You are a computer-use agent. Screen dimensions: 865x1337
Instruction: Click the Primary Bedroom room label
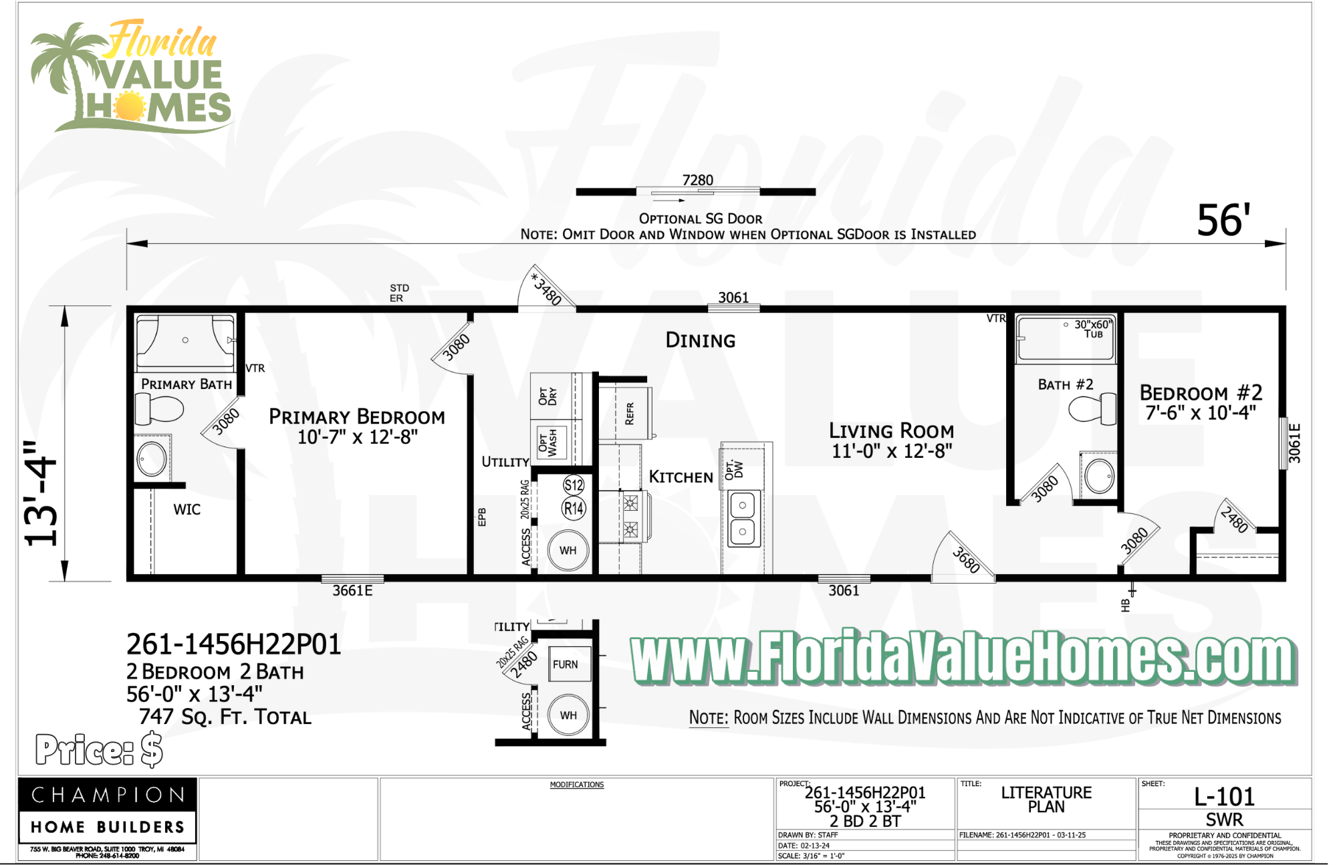(357, 417)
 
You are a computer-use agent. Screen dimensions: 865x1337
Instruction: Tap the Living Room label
(891, 431)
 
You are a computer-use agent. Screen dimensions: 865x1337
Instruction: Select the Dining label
(700, 341)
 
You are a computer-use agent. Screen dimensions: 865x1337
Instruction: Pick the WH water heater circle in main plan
(568, 550)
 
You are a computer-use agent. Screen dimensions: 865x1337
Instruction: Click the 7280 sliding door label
(697, 180)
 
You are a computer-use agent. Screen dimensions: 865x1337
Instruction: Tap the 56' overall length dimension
(1223, 221)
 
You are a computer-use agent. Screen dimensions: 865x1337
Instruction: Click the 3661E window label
(352, 591)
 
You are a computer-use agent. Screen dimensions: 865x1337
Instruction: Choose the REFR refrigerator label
(629, 413)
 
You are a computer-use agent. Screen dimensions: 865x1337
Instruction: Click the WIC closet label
(187, 510)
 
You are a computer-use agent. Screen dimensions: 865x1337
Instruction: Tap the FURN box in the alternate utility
(566, 664)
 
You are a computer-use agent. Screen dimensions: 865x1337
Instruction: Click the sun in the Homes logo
(129, 108)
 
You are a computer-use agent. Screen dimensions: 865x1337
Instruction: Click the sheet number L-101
(1224, 797)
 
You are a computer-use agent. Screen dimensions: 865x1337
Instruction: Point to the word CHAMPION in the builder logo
(108, 795)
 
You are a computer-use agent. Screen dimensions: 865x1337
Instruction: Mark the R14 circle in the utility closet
(574, 509)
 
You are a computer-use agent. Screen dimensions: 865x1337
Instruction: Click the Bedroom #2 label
(1201, 393)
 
